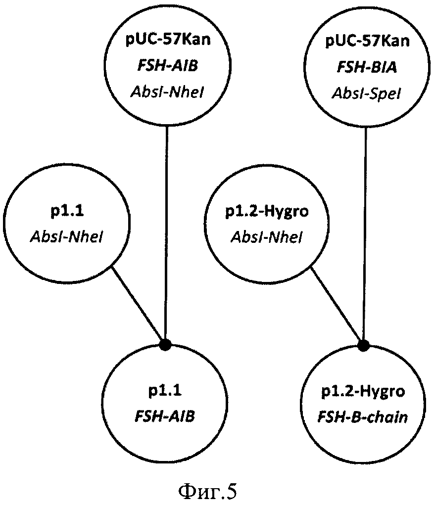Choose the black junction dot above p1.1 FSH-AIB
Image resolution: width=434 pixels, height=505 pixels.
tap(166, 343)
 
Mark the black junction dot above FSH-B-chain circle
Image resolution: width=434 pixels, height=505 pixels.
tap(364, 343)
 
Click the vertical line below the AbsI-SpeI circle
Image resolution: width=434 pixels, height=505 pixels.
tap(365, 223)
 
